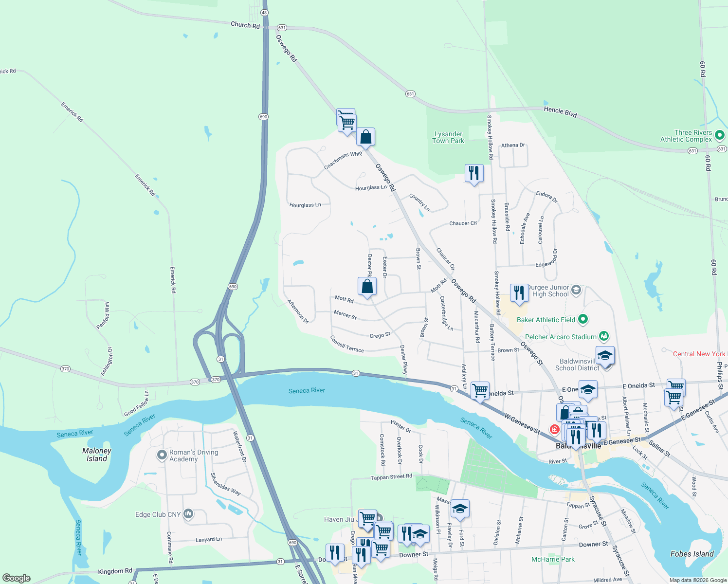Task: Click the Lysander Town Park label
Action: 448,137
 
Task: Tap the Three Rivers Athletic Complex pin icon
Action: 720,136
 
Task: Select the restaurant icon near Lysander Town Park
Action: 473,173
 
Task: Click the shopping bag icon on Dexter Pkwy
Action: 367,287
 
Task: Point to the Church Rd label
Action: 245,25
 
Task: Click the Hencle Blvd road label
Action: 560,112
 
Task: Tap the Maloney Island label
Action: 97,455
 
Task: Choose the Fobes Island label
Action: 692,554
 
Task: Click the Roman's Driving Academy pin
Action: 162,455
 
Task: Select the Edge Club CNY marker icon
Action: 188,514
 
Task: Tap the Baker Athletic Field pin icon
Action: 582,319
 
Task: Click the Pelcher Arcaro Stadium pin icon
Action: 603,336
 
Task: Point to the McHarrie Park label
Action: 553,559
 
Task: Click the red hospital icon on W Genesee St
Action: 554,429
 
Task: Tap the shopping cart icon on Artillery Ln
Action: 480,390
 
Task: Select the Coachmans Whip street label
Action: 343,160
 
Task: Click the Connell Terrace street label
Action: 347,344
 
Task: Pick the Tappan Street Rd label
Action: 391,477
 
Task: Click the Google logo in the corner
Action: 17,578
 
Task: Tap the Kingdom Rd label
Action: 115,571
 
